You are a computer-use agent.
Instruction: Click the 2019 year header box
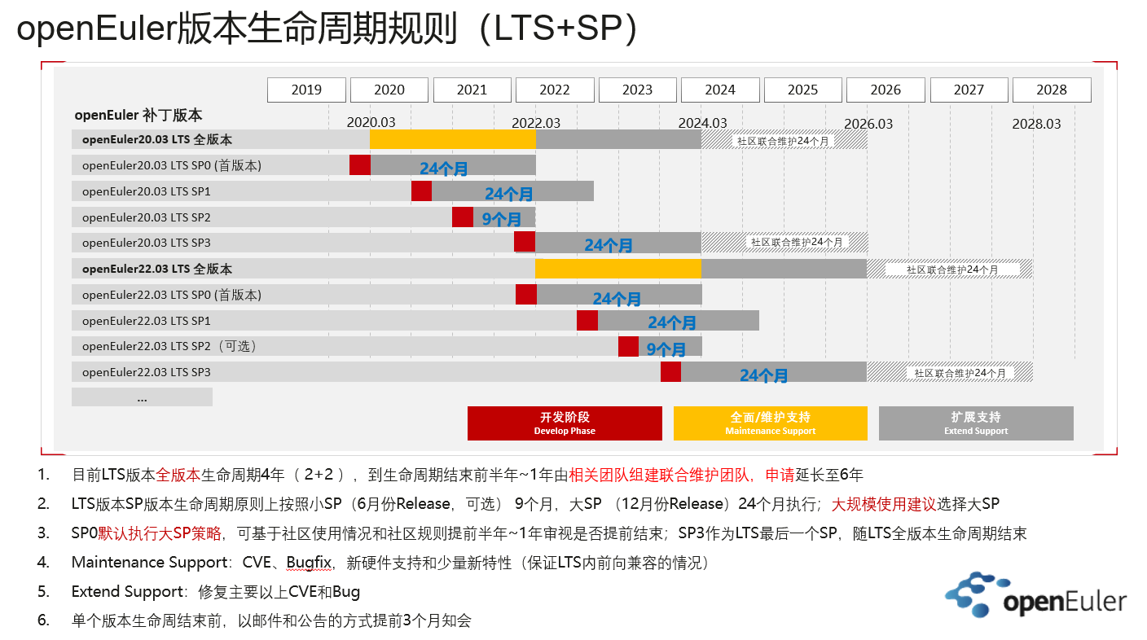[306, 90]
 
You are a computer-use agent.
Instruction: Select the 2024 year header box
[720, 90]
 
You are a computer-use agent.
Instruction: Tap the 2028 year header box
[1051, 90]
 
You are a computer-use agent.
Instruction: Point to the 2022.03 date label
[536, 123]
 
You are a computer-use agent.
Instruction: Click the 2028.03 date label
[1036, 124]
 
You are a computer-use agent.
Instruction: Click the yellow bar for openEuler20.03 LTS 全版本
[452, 139]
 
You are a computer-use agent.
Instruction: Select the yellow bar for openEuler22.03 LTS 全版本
[617, 269]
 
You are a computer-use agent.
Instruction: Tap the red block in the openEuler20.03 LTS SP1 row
[421, 191]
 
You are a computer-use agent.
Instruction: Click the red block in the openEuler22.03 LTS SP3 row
[670, 372]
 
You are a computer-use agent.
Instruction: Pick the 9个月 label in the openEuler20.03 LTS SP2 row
[501, 220]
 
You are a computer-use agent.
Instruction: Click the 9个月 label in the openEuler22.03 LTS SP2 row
[666, 349]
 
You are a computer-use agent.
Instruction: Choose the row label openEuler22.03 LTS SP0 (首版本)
[172, 295]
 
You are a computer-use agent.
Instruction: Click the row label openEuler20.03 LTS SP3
[147, 243]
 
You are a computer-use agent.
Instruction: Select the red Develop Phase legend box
[565, 423]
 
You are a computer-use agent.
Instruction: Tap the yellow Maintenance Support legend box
[770, 423]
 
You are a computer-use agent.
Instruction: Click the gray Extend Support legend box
[975, 423]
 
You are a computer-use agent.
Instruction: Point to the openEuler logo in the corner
[1035, 595]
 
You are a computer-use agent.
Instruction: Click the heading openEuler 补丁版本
[138, 116]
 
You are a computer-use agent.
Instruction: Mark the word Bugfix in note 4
[308, 563]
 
